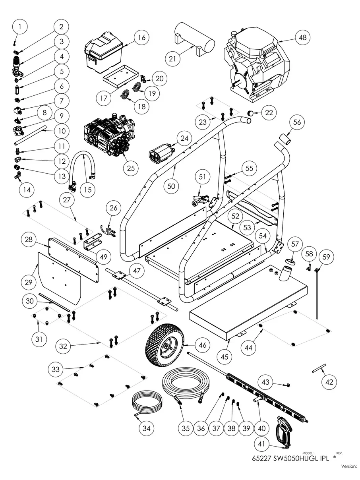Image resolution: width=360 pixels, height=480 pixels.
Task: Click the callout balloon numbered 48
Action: coord(303,38)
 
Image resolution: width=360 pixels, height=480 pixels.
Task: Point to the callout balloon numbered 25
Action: coord(131,168)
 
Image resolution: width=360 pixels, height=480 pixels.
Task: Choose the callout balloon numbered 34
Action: coord(147,428)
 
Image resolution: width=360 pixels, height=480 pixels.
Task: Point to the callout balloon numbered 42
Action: coord(329,382)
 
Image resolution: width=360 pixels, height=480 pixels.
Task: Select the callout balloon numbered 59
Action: coord(326,257)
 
